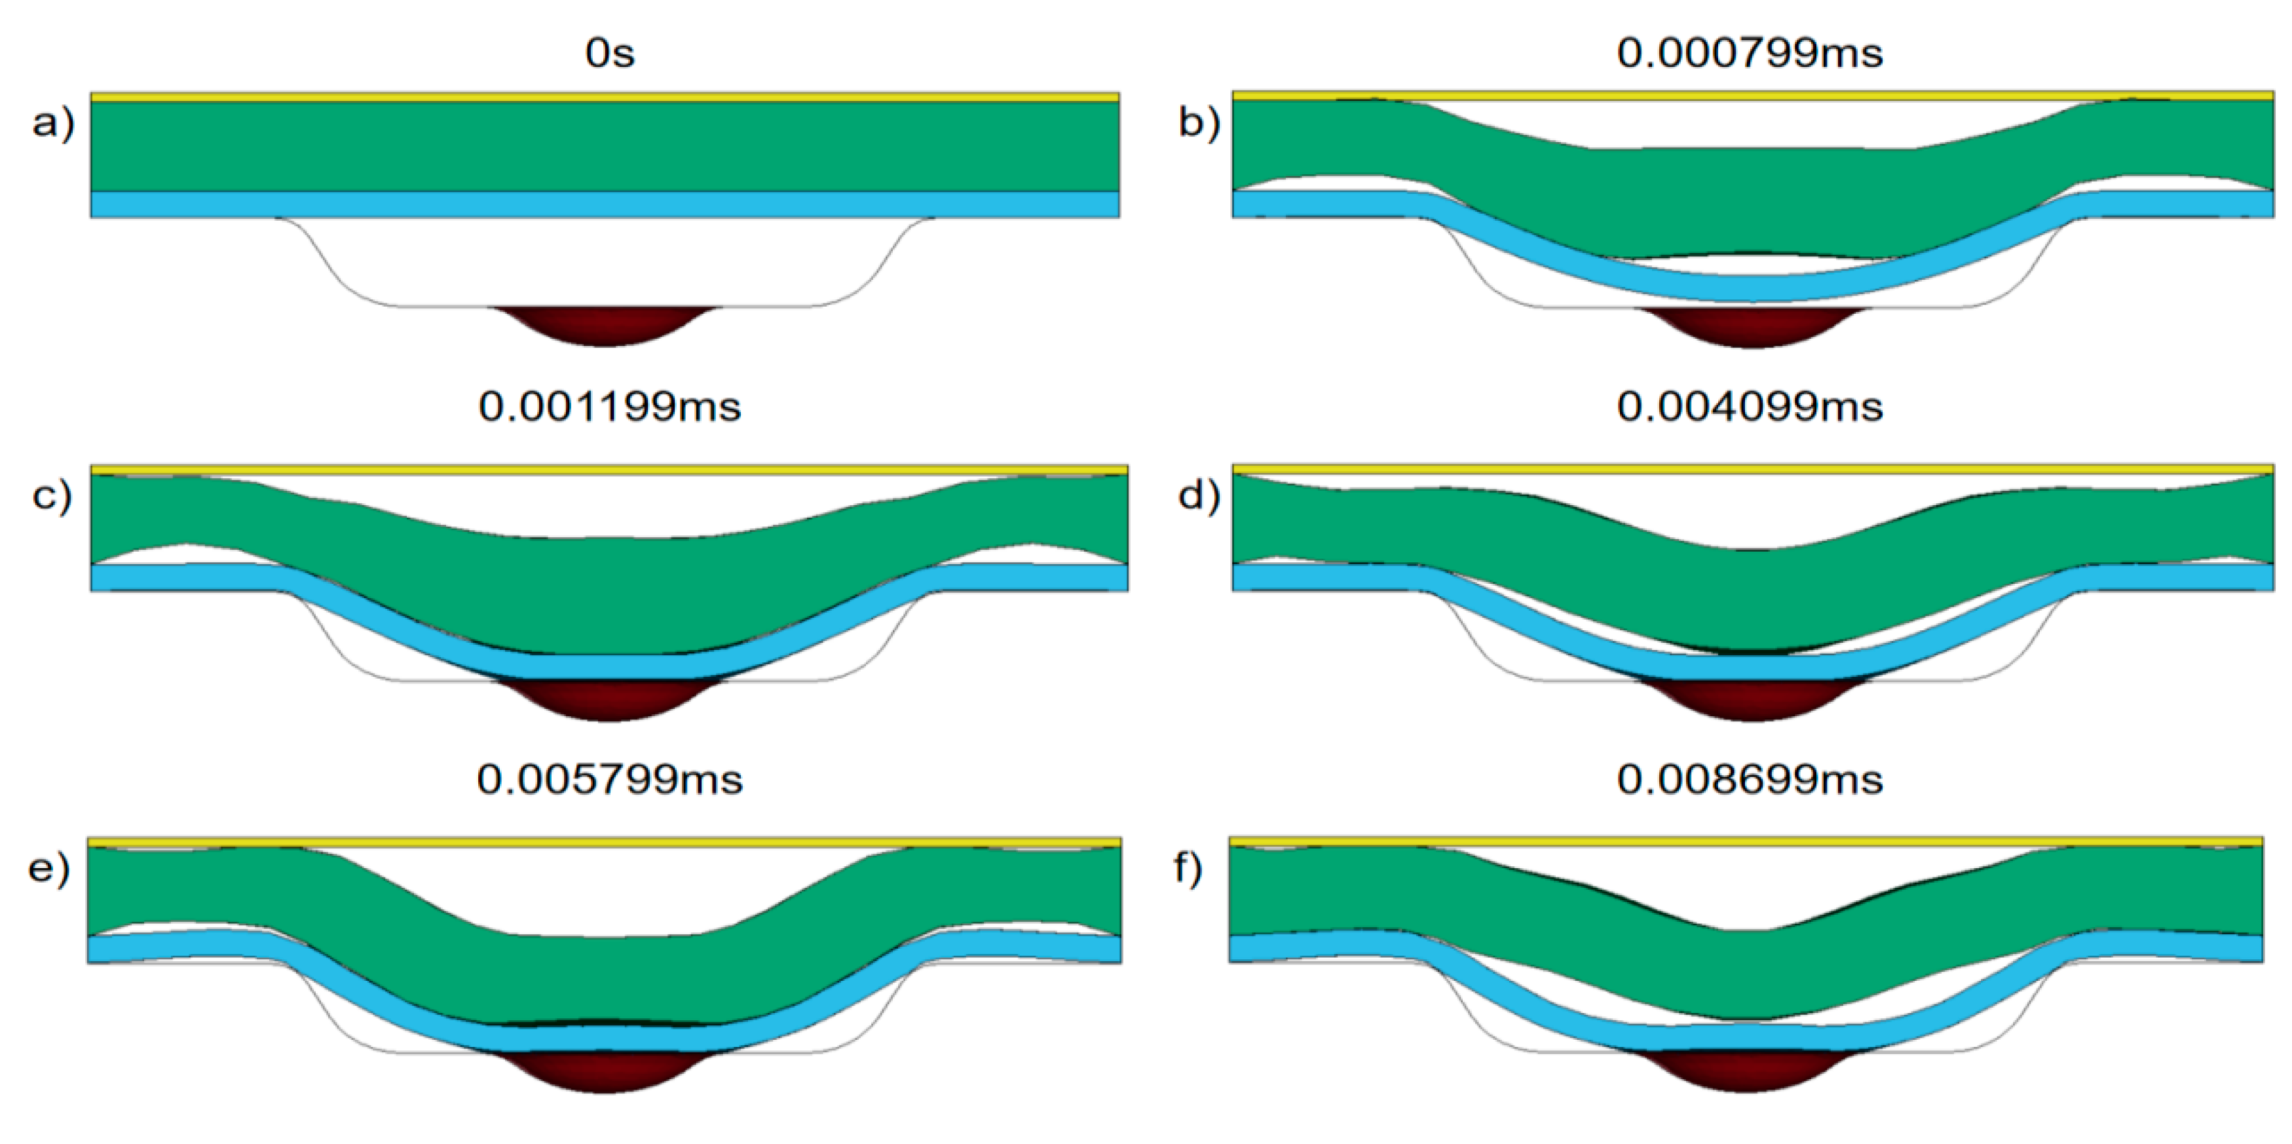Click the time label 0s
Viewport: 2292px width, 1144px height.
pos(609,54)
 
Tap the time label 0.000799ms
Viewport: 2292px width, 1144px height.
pos(1749,54)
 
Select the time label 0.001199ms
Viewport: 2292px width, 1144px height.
pos(609,407)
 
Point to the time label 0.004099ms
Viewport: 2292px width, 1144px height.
pos(1749,407)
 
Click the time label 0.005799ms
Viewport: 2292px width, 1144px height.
pos(609,780)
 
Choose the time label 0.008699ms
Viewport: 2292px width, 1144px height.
pos(1749,780)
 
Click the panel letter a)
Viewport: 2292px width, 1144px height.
pos(52,123)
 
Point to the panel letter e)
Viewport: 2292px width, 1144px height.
pos(49,868)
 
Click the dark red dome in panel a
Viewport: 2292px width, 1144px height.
pos(605,324)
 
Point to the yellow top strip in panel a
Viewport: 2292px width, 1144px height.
pos(605,97)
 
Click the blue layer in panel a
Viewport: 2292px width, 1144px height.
pos(605,205)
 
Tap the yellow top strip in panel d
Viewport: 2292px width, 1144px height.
pos(1751,469)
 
